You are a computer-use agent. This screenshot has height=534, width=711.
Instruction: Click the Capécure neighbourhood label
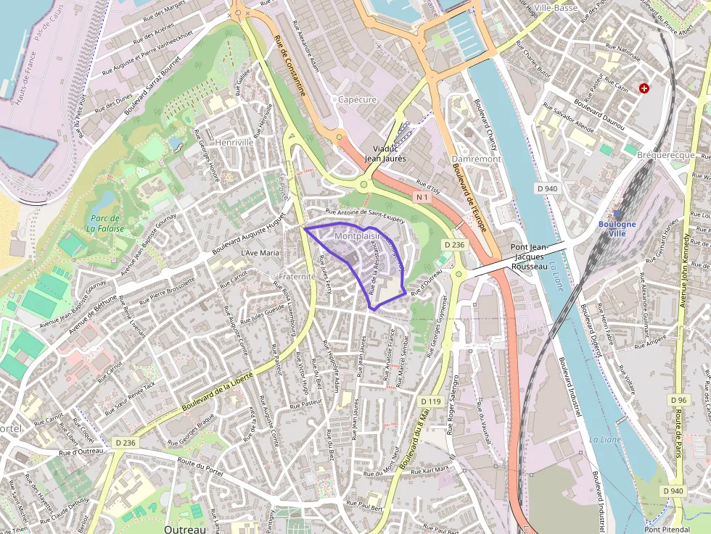point(357,99)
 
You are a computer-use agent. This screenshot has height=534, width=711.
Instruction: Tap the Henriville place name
point(234,142)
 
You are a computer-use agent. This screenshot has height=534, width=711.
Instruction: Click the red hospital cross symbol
point(644,88)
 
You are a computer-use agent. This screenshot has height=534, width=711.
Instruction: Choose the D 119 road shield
point(431,401)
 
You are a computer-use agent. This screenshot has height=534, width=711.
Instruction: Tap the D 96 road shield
point(679,400)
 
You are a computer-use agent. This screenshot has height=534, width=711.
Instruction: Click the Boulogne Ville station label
point(617,228)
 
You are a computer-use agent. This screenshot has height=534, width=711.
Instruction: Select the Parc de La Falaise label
point(106,223)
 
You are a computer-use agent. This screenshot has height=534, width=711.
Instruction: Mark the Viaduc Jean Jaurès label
point(385,153)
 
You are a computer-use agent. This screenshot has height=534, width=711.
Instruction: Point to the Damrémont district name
point(476,158)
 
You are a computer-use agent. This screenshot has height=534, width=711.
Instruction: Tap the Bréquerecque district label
point(665,155)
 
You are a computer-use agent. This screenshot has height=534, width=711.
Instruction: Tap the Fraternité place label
point(297,276)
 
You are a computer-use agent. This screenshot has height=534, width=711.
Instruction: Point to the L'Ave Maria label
point(260,253)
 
